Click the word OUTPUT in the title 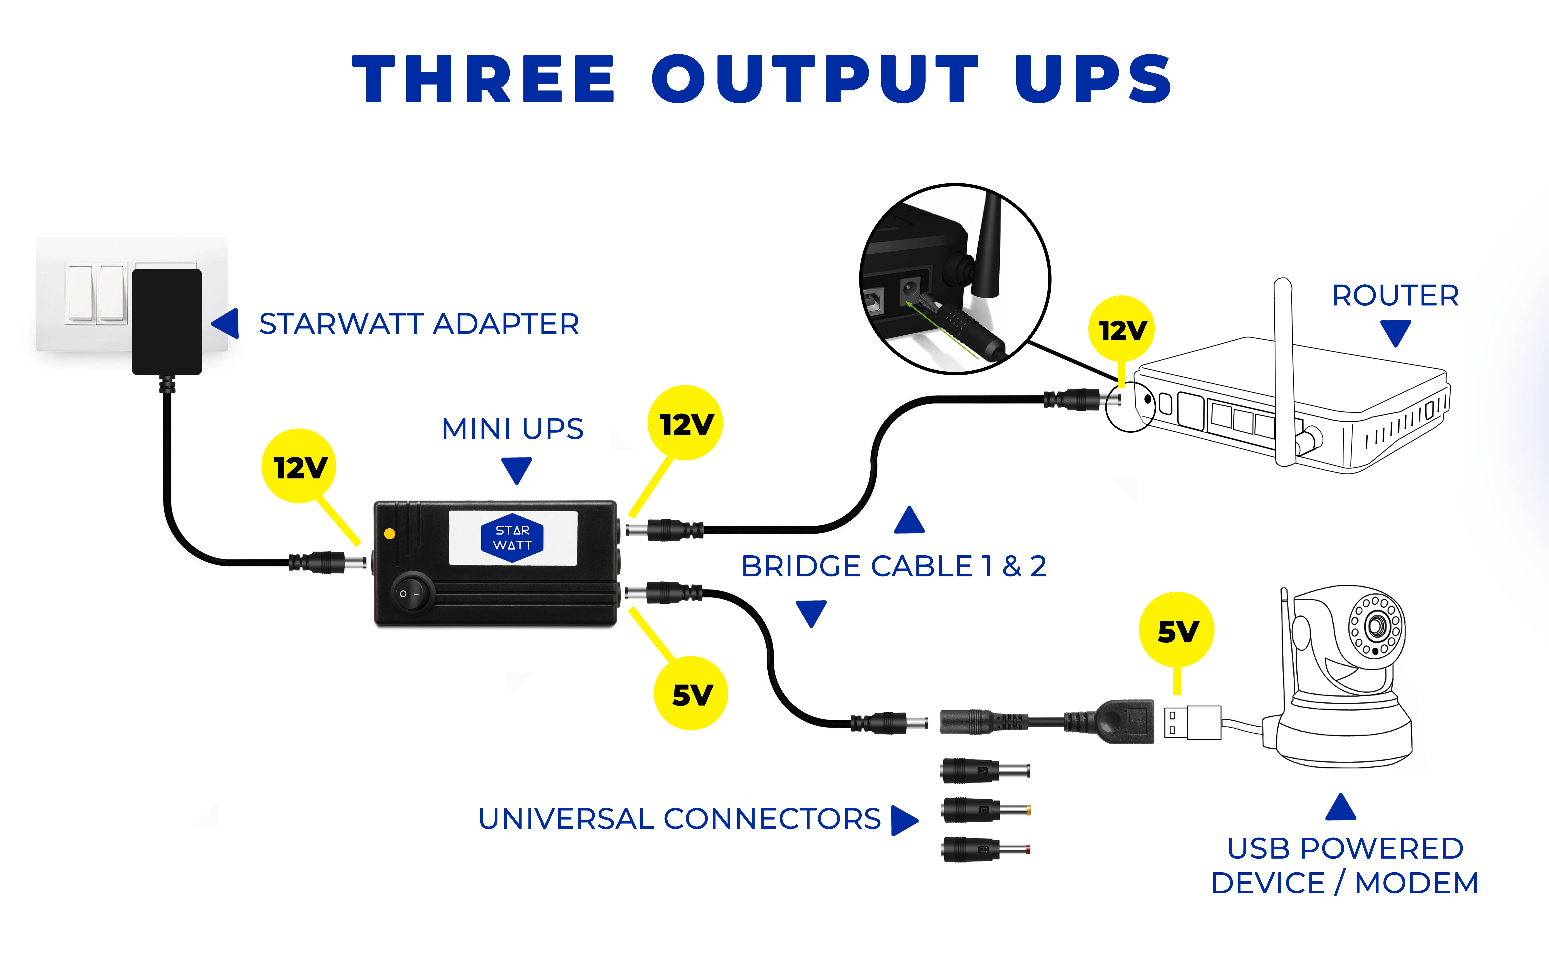click(814, 79)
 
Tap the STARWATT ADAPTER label click(419, 324)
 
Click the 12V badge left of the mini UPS click(299, 467)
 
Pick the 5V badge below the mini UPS click(691, 694)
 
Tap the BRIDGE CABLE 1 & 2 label click(894, 566)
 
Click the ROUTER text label click(1395, 295)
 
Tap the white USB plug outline click(1192, 722)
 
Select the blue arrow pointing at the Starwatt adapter click(227, 324)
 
